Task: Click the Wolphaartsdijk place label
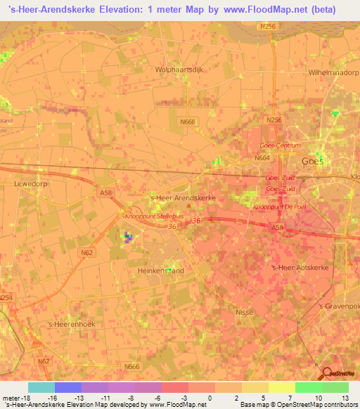(179, 70)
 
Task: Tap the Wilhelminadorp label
(334, 72)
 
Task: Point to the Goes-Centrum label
(280, 145)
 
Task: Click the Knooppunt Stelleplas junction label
(154, 216)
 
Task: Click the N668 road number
(187, 122)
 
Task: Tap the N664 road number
(262, 158)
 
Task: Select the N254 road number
(6, 298)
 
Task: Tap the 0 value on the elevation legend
(210, 398)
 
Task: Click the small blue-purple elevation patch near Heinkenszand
(128, 237)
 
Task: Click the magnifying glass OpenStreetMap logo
(328, 373)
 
